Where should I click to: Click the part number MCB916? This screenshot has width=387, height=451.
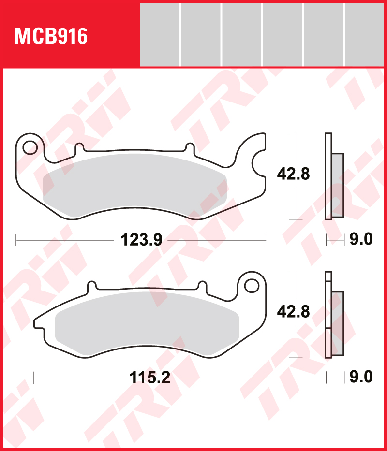[x=51, y=36]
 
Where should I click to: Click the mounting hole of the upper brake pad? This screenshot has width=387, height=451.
[x=30, y=146]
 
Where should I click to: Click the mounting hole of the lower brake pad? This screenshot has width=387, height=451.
[x=251, y=285]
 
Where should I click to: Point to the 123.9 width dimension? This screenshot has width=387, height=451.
[x=141, y=239]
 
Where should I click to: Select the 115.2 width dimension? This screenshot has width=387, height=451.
[x=149, y=378]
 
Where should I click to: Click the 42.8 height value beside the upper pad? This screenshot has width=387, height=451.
[x=293, y=174]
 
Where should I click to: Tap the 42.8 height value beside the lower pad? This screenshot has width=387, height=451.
[x=293, y=312]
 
